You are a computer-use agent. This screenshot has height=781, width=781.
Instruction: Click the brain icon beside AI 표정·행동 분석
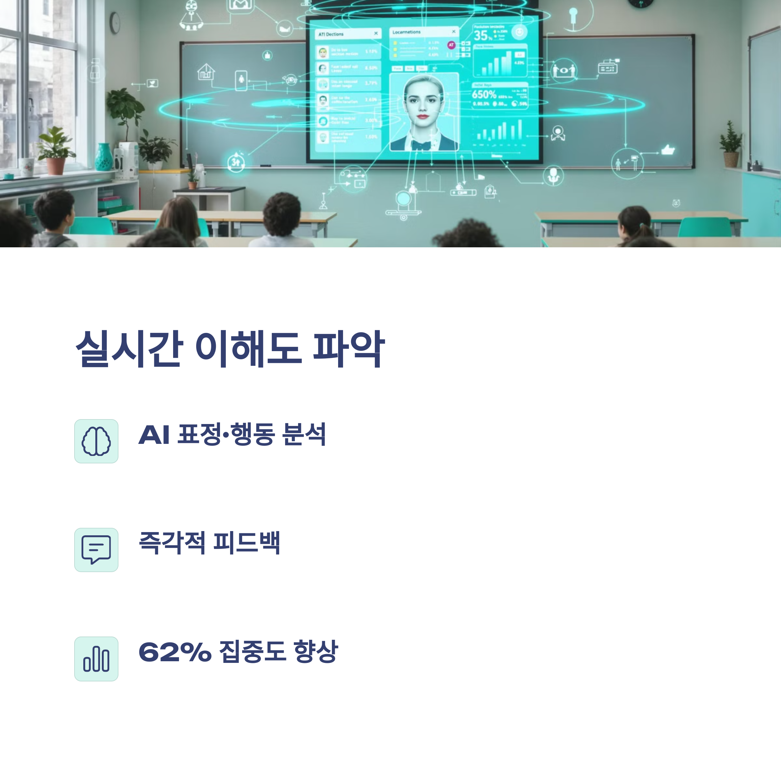coord(96,441)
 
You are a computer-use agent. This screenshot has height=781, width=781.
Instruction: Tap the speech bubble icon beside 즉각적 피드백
coord(96,550)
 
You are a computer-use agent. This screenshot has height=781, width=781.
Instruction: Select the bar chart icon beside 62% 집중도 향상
coord(96,659)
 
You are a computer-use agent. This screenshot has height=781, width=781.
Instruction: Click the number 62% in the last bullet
coord(175,652)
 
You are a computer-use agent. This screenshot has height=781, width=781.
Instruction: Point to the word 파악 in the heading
coord(349,349)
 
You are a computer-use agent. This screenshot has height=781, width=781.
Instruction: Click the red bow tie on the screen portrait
coord(421,145)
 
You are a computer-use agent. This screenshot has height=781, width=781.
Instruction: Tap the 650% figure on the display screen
coord(484,95)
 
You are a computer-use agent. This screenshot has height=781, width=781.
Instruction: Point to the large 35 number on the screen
coord(481,35)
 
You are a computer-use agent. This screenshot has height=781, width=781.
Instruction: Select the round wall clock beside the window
coord(115,23)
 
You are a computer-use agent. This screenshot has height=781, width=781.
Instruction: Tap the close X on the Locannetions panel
coord(454,32)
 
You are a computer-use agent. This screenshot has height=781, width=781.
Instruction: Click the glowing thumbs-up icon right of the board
coord(668,150)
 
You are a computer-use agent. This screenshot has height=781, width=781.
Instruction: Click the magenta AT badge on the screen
coord(451,45)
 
